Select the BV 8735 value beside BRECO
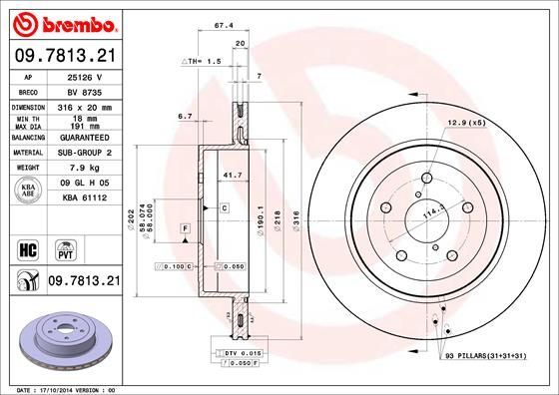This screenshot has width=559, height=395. point(84,90)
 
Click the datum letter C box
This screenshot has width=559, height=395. point(225,206)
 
